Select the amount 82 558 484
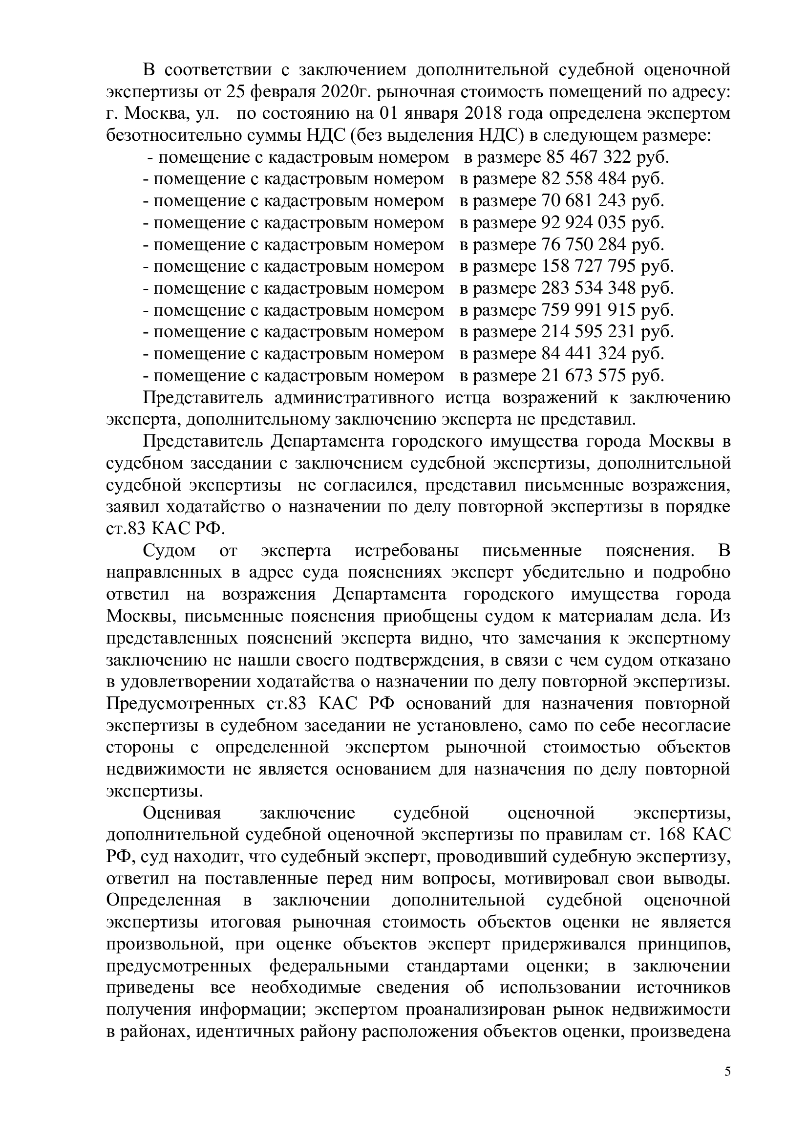[584, 179]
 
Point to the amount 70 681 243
[584, 201]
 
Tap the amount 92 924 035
[584, 222]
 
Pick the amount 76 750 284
[584, 244]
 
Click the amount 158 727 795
[589, 266]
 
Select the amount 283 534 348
[589, 288]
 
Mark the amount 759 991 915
[589, 310]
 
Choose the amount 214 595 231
[589, 331]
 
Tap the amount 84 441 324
[584, 353]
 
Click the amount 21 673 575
[584, 375]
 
